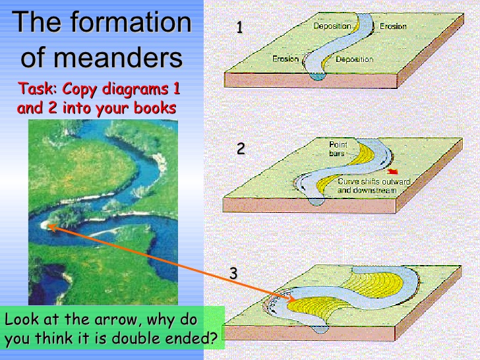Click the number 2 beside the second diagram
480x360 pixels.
(x=241, y=149)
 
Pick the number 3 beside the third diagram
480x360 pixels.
(x=233, y=272)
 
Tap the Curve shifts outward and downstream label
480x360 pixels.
(x=373, y=185)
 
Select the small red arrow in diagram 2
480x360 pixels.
(x=393, y=173)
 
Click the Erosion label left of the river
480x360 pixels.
(x=285, y=59)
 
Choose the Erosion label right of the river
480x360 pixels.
(x=393, y=26)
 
